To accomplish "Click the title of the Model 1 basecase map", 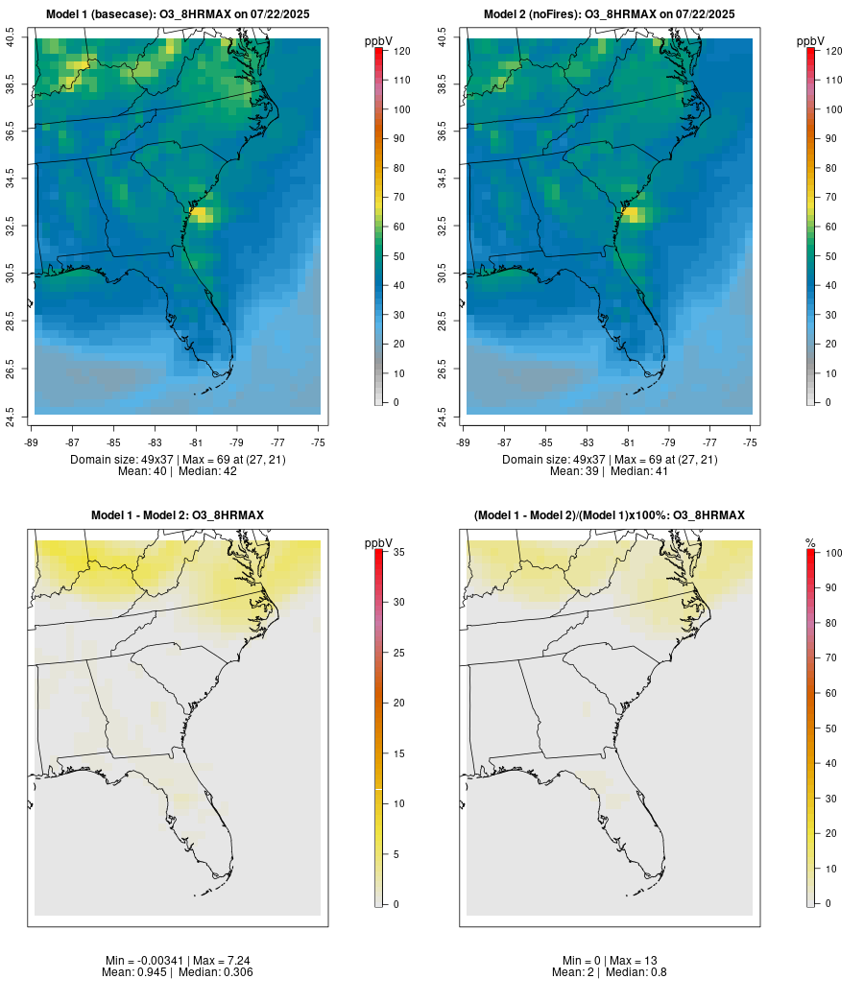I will [178, 14].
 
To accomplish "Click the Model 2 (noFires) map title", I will [610, 14].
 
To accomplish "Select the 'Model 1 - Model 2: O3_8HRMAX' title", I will [178, 515].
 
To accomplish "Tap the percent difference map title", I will [610, 515].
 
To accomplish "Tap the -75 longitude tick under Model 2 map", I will [750, 442].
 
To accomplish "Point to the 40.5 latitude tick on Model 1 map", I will [11, 38].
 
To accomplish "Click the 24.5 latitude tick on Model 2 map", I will [443, 415].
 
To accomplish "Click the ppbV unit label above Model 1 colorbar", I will [379, 41].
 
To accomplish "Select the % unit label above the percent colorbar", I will [810, 543].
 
